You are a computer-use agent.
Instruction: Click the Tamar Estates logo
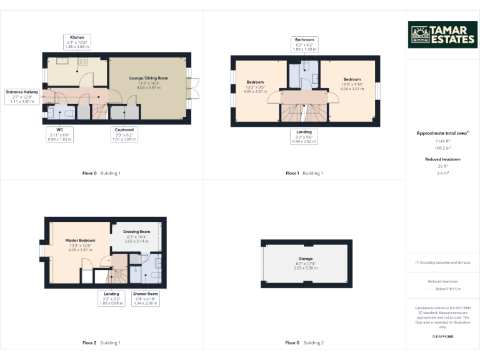pyautogui.click(x=442, y=35)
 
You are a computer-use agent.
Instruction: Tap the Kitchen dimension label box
pyautogui.click(x=77, y=42)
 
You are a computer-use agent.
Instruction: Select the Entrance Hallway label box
pyautogui.click(x=22, y=97)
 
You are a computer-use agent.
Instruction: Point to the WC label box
pyautogui.click(x=61, y=134)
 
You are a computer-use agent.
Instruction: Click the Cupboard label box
pyautogui.click(x=123, y=134)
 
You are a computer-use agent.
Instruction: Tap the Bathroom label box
pyautogui.click(x=306, y=43)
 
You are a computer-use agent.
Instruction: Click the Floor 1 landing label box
pyautogui.click(x=305, y=136)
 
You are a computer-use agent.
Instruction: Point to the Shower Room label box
pyautogui.click(x=146, y=298)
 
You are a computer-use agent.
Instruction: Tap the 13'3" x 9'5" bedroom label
pyautogui.click(x=255, y=87)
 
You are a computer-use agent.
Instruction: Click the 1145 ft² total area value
pyautogui.click(x=442, y=142)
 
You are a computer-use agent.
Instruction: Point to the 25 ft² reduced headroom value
pyautogui.click(x=442, y=166)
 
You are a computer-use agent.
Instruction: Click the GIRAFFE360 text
pyautogui.click(x=442, y=336)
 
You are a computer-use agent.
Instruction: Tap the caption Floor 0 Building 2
pyautogui.click(x=305, y=342)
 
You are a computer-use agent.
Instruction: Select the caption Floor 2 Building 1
pyautogui.click(x=101, y=342)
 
